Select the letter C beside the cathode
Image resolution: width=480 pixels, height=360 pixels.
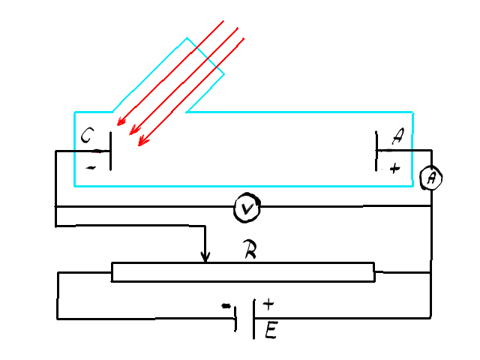(x=87, y=135)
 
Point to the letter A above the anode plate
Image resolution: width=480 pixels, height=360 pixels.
(x=397, y=136)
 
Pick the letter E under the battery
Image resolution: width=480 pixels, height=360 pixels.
(x=271, y=330)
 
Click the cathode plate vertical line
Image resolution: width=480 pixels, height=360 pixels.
(x=110, y=151)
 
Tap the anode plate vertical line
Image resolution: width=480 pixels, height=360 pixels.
(x=376, y=151)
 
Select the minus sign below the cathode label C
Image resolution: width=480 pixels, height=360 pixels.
(x=91, y=167)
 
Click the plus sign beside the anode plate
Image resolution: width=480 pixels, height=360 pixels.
(x=395, y=168)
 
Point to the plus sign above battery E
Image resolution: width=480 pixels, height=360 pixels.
(x=268, y=304)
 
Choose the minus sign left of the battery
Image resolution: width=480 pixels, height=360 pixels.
(x=226, y=306)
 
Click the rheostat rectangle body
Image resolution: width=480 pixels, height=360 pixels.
(x=243, y=271)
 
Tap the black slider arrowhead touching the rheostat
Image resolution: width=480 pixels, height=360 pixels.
(x=205, y=257)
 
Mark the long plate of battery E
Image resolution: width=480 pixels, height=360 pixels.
(x=253, y=319)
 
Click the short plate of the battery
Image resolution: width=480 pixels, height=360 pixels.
(x=235, y=319)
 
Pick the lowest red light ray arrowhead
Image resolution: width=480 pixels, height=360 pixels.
(x=142, y=142)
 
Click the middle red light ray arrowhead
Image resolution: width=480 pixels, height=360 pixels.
(x=133, y=130)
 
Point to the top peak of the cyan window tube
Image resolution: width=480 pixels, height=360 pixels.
(x=187, y=38)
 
